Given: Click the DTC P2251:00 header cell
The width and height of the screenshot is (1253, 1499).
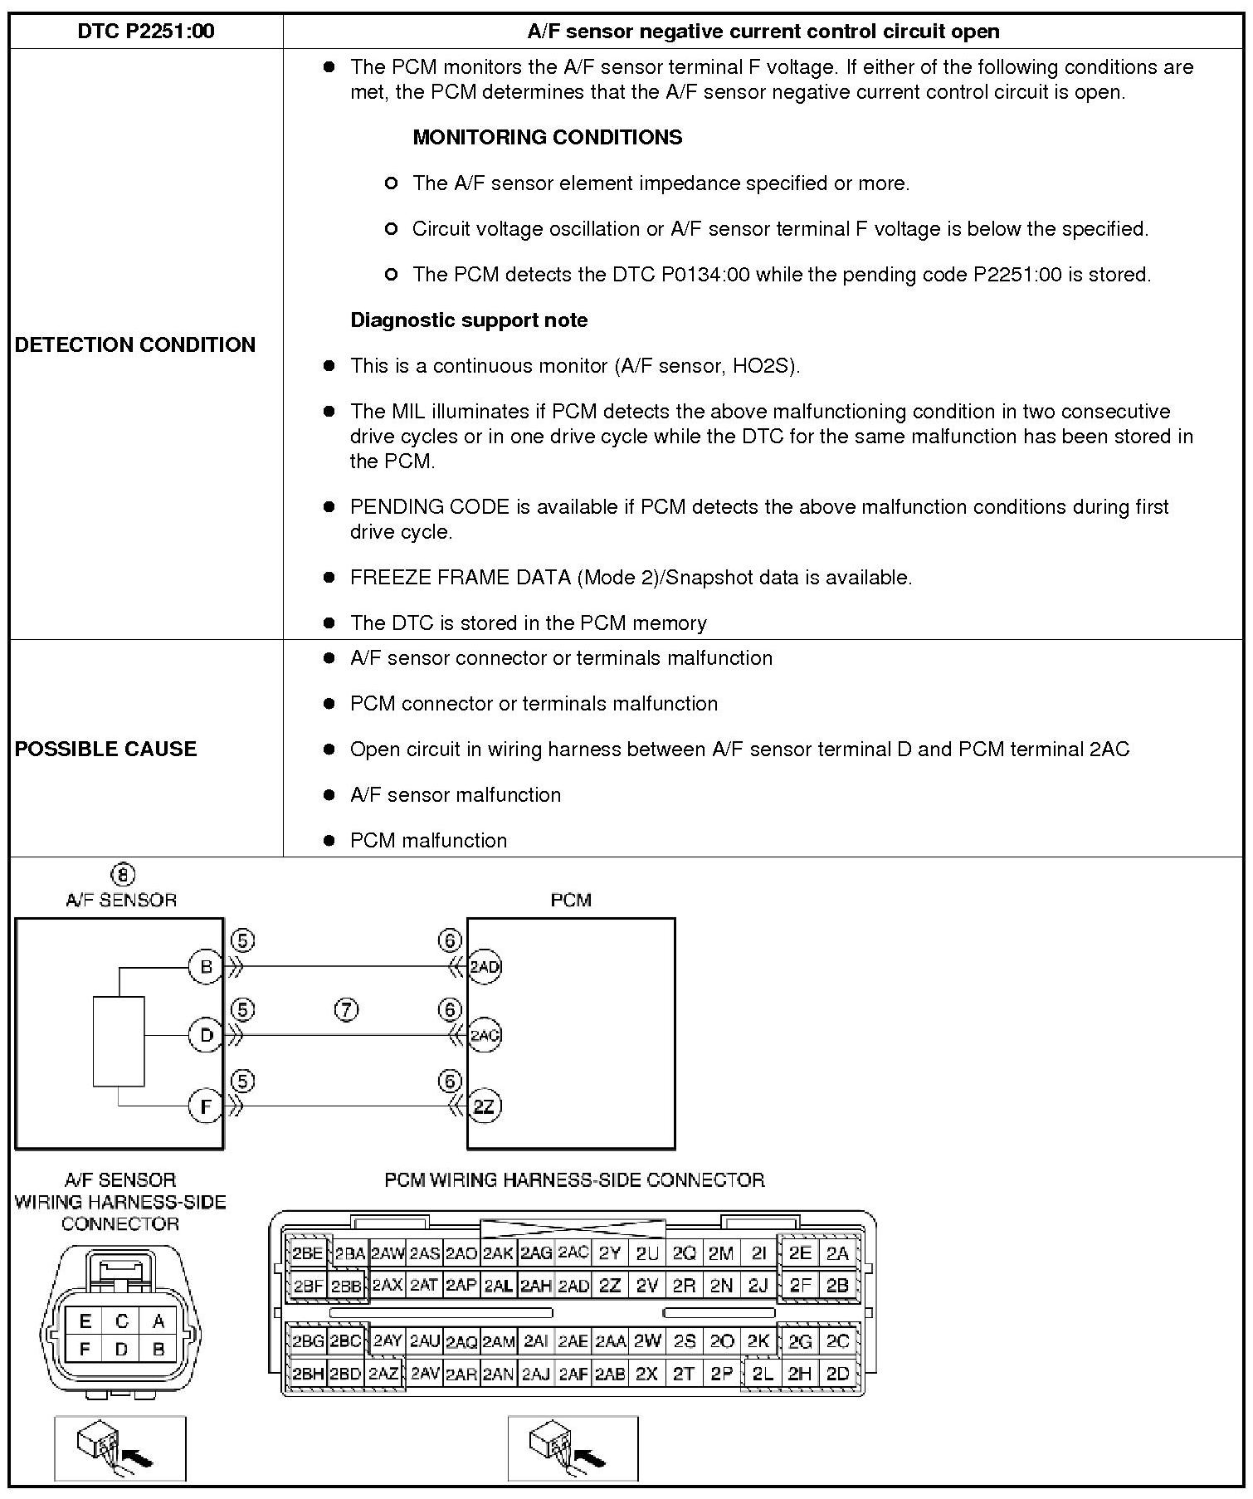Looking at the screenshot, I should (145, 32).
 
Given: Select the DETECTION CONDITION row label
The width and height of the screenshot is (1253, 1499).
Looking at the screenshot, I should (134, 344).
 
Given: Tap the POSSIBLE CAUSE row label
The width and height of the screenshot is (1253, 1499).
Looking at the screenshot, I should (105, 749).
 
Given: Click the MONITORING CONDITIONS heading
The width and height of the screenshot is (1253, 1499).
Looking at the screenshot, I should (547, 137).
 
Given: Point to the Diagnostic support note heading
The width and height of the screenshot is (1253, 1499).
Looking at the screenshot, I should (469, 320).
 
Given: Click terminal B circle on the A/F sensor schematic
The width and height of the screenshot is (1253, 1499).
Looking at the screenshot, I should (206, 967).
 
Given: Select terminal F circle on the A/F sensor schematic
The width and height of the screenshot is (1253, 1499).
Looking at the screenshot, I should (206, 1106).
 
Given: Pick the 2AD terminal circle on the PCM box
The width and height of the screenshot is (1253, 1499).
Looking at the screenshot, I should (485, 967).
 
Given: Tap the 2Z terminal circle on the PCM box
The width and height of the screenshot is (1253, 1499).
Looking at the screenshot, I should (484, 1106).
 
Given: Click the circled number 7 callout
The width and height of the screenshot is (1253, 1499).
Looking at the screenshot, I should (346, 1010).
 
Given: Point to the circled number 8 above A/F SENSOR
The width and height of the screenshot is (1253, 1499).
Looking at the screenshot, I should (122, 875).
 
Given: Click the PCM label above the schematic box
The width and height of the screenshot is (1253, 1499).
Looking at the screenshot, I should (571, 900).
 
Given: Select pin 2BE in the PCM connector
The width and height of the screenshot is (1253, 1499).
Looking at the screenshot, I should (307, 1254).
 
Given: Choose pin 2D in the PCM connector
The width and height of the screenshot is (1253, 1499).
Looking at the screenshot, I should (838, 1374).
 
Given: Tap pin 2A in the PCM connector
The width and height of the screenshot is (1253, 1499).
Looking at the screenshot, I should (838, 1254).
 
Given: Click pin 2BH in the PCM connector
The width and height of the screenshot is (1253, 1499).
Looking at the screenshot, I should (307, 1374).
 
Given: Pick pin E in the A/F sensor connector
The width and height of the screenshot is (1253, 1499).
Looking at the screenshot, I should (85, 1321).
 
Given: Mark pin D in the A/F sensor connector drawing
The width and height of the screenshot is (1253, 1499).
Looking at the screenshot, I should (121, 1350).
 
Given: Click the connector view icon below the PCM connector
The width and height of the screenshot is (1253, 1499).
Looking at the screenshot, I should (573, 1448).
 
